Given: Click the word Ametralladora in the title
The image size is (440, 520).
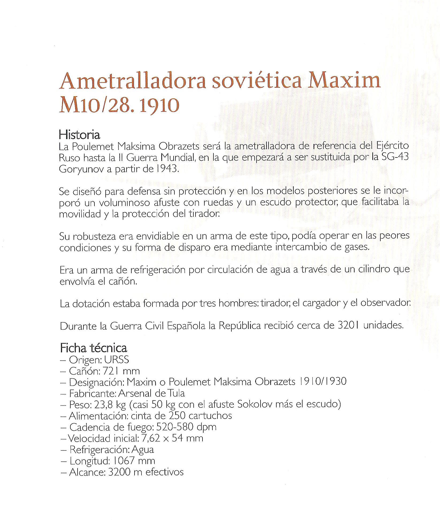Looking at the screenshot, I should (x=132, y=82).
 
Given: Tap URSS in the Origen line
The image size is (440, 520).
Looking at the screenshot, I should (x=117, y=360).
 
